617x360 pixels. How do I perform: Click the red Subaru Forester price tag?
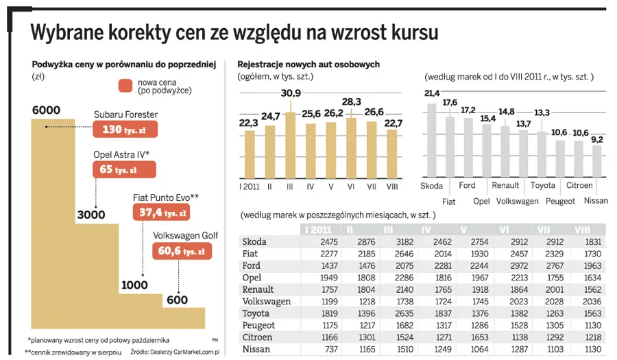click(125, 130)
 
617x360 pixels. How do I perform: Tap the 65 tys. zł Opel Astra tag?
click(125, 169)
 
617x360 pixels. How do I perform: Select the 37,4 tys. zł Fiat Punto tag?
click(162, 213)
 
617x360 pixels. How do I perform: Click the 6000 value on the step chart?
click(46, 110)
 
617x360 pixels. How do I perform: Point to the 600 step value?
click(176, 300)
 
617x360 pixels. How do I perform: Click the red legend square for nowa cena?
click(125, 86)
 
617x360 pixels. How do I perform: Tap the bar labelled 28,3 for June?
click(351, 147)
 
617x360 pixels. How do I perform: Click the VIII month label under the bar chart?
click(392, 186)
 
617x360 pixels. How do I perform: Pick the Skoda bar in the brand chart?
click(431, 140)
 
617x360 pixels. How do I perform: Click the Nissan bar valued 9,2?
click(596, 160)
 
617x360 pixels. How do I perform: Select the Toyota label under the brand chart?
click(542, 185)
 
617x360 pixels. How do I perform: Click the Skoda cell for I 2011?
click(319, 242)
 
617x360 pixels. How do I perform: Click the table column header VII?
click(544, 229)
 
